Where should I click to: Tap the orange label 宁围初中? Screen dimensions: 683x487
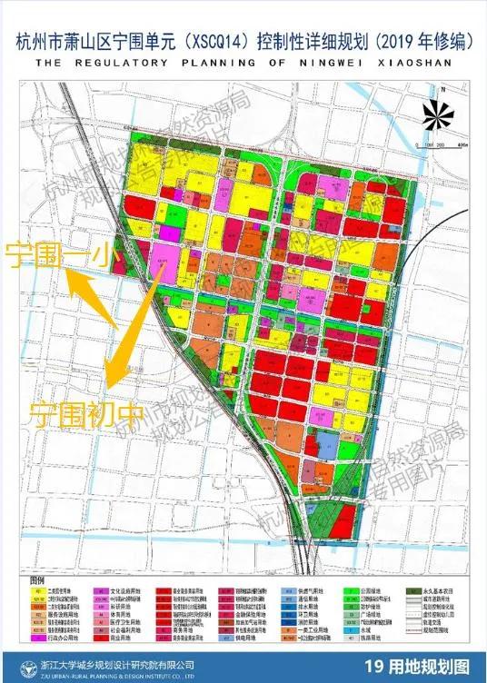[86, 415]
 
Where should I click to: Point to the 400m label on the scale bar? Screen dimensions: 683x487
[461, 145]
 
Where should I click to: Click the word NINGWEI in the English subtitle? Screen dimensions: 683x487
[326, 64]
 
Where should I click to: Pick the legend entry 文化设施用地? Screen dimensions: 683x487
[127, 589]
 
